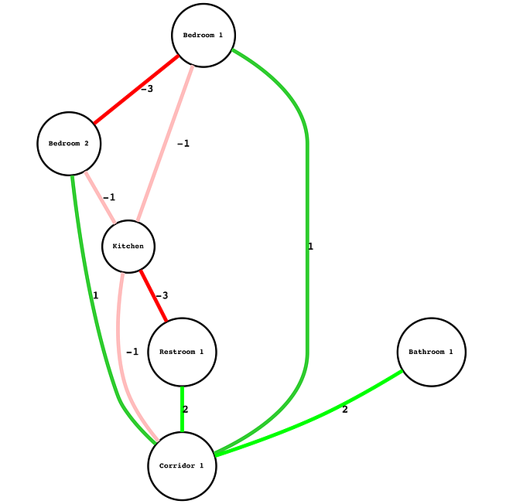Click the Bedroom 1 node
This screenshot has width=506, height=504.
click(x=203, y=36)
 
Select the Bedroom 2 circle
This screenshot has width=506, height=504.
click(x=69, y=143)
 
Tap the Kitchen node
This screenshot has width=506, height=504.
click(x=128, y=246)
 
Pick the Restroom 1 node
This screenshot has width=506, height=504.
click(x=182, y=352)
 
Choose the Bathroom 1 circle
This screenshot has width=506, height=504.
click(x=431, y=352)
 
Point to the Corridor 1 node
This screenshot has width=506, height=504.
click(x=182, y=465)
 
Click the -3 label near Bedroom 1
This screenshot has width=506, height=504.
click(x=146, y=89)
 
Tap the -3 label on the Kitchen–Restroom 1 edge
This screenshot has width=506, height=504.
click(x=161, y=295)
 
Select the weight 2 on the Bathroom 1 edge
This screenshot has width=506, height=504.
click(x=345, y=410)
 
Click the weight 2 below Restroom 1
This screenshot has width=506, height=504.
click(x=185, y=409)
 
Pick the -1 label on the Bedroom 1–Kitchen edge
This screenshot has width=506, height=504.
click(x=183, y=143)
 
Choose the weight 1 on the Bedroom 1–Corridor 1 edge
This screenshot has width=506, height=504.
click(x=310, y=247)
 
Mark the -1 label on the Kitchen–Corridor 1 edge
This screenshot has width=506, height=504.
click(x=132, y=352)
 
